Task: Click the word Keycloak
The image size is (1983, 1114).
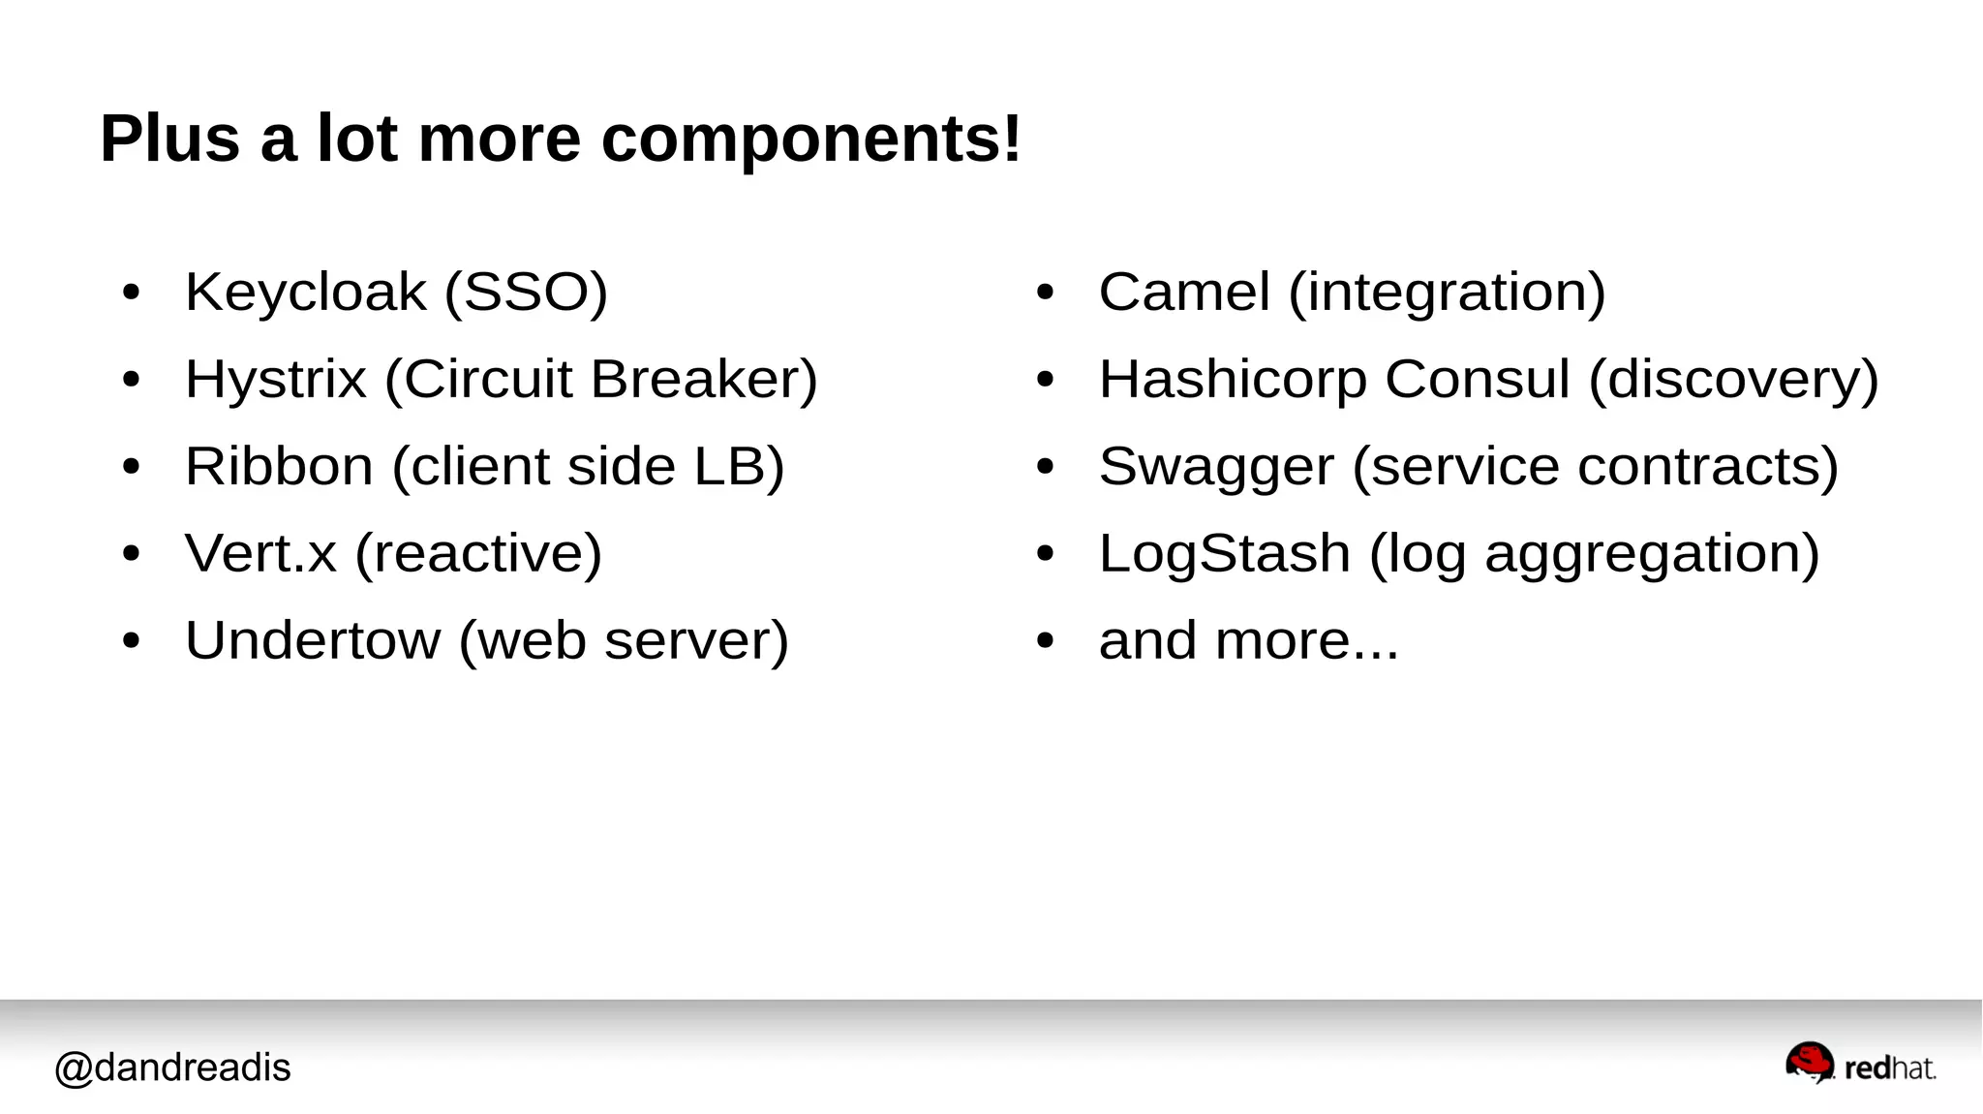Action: tap(305, 292)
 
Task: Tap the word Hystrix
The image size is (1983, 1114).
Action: tap(276, 379)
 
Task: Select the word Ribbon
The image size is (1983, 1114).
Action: tap(279, 466)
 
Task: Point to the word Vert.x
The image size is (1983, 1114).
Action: tap(260, 553)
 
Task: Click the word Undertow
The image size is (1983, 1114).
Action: tap(313, 640)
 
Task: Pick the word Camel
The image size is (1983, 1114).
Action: tap(1184, 292)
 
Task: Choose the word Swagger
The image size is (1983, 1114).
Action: tap(1216, 468)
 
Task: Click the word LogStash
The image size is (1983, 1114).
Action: tap(1225, 553)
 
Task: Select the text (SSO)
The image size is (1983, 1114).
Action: tap(526, 292)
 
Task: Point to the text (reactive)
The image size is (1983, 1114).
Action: tap(478, 553)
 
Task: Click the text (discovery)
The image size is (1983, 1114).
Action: tap(1733, 379)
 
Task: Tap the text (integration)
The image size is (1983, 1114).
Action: tap(1447, 292)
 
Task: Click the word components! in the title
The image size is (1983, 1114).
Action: tap(810, 139)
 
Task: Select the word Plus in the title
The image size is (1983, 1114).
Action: tap(169, 138)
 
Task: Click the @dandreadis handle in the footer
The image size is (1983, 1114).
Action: tap(172, 1068)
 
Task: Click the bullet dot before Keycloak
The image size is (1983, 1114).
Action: tap(132, 292)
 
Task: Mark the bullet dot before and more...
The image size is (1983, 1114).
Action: tap(1045, 640)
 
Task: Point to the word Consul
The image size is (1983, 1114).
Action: tap(1477, 379)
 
